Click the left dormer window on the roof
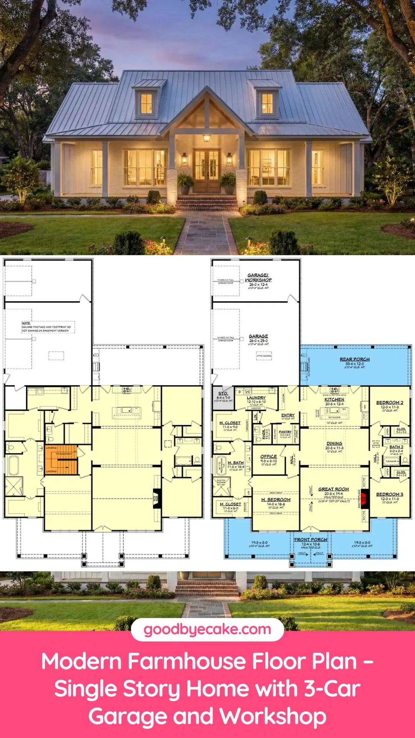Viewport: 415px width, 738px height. coord(146,103)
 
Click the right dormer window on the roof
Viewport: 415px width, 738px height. coord(267,103)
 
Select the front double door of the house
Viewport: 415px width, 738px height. coord(207,170)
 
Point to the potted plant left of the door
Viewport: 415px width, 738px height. coord(186,183)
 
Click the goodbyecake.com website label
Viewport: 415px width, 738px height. coord(207,629)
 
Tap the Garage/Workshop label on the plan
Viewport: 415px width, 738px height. coord(258,278)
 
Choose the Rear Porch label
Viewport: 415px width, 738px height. coord(355,359)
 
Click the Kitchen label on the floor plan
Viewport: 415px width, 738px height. coord(334,400)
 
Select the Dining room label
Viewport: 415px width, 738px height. coord(334,444)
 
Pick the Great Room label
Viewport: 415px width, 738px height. coord(334,489)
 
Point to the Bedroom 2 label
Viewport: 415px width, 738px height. coord(390,403)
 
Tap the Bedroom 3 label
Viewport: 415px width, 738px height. coord(390,494)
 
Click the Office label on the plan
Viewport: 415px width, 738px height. coord(269,457)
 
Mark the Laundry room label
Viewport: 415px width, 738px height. coord(256,398)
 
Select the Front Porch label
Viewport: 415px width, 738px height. coord(310,540)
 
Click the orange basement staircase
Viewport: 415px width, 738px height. coord(61,460)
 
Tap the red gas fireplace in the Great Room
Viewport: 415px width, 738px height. coord(365,499)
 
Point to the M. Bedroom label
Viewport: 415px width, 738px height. coord(276,500)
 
